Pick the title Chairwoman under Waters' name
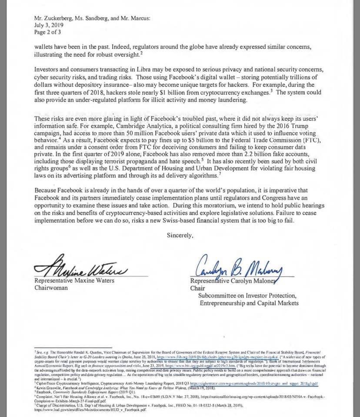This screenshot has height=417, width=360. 52,287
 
